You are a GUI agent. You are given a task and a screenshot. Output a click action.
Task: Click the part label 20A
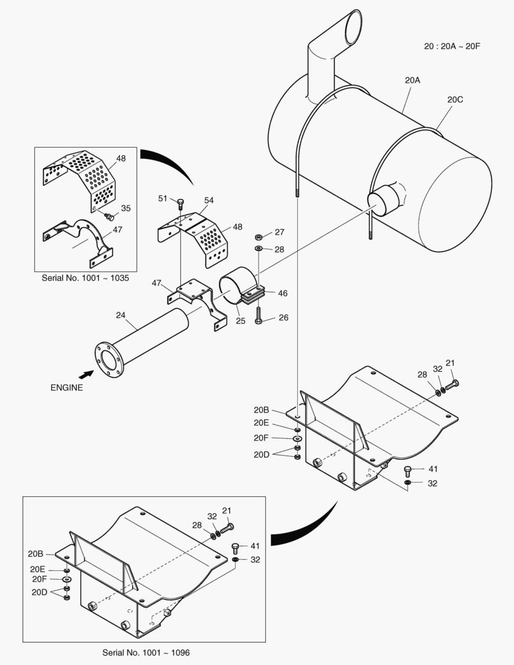click(x=412, y=80)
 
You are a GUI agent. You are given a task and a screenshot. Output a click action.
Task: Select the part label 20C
click(x=455, y=99)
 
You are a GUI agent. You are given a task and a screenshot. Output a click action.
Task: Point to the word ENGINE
click(x=66, y=388)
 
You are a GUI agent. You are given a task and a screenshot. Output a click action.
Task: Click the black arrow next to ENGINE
click(x=86, y=373)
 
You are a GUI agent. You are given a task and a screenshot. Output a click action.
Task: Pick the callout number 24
click(x=121, y=315)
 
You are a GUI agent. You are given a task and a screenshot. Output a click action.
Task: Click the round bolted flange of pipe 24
click(x=109, y=360)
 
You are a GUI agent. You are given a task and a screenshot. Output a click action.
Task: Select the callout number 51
click(x=163, y=198)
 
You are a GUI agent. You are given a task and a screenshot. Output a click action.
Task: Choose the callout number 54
click(x=209, y=201)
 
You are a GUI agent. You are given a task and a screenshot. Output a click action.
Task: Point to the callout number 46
click(x=283, y=294)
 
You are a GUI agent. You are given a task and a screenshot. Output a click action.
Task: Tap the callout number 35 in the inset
click(x=126, y=208)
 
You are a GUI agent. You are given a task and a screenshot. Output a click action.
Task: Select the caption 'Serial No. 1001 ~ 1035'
click(x=85, y=278)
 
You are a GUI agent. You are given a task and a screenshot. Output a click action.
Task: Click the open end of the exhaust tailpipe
click(x=356, y=28)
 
